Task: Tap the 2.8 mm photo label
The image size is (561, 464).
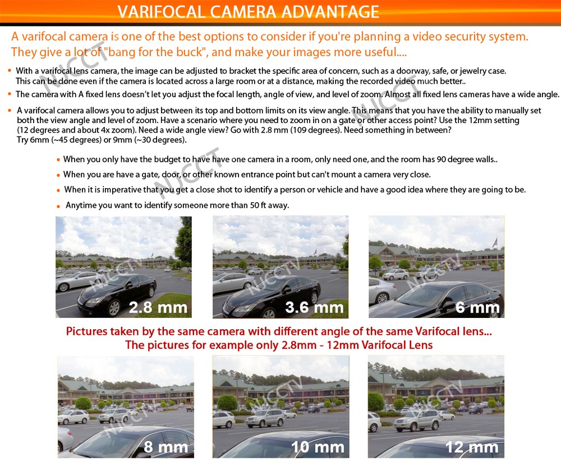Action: click(158, 307)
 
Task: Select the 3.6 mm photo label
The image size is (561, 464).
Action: click(314, 307)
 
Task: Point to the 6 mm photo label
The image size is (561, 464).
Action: click(477, 307)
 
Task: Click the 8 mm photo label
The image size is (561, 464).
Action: click(165, 447)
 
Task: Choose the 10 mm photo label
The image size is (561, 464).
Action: click(318, 447)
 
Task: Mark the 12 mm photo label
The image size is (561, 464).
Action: click(471, 447)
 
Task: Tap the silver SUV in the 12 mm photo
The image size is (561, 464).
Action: click(416, 420)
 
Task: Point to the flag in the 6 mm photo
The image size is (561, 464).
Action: click(494, 242)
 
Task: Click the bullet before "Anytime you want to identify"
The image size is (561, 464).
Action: click(59, 206)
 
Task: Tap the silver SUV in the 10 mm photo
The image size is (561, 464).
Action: click(265, 417)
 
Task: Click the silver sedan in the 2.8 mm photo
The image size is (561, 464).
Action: click(79, 280)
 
